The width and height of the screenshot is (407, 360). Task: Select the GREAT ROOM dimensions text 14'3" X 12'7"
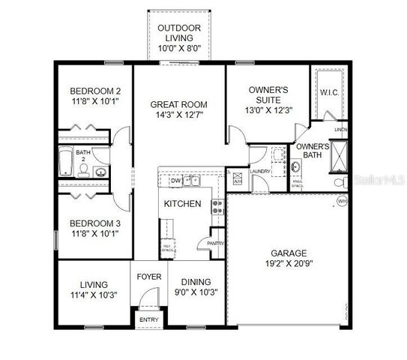click(178, 115)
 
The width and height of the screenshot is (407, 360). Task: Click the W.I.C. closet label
click(331, 92)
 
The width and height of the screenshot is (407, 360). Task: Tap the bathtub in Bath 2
click(66, 161)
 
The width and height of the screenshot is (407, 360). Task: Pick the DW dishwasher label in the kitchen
click(175, 181)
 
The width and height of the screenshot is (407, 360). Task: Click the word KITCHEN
click(182, 203)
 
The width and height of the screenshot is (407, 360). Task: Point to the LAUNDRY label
click(260, 171)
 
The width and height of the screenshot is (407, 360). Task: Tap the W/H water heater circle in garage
click(342, 201)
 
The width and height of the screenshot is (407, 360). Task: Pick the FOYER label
click(148, 277)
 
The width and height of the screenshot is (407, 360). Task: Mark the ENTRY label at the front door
click(148, 319)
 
